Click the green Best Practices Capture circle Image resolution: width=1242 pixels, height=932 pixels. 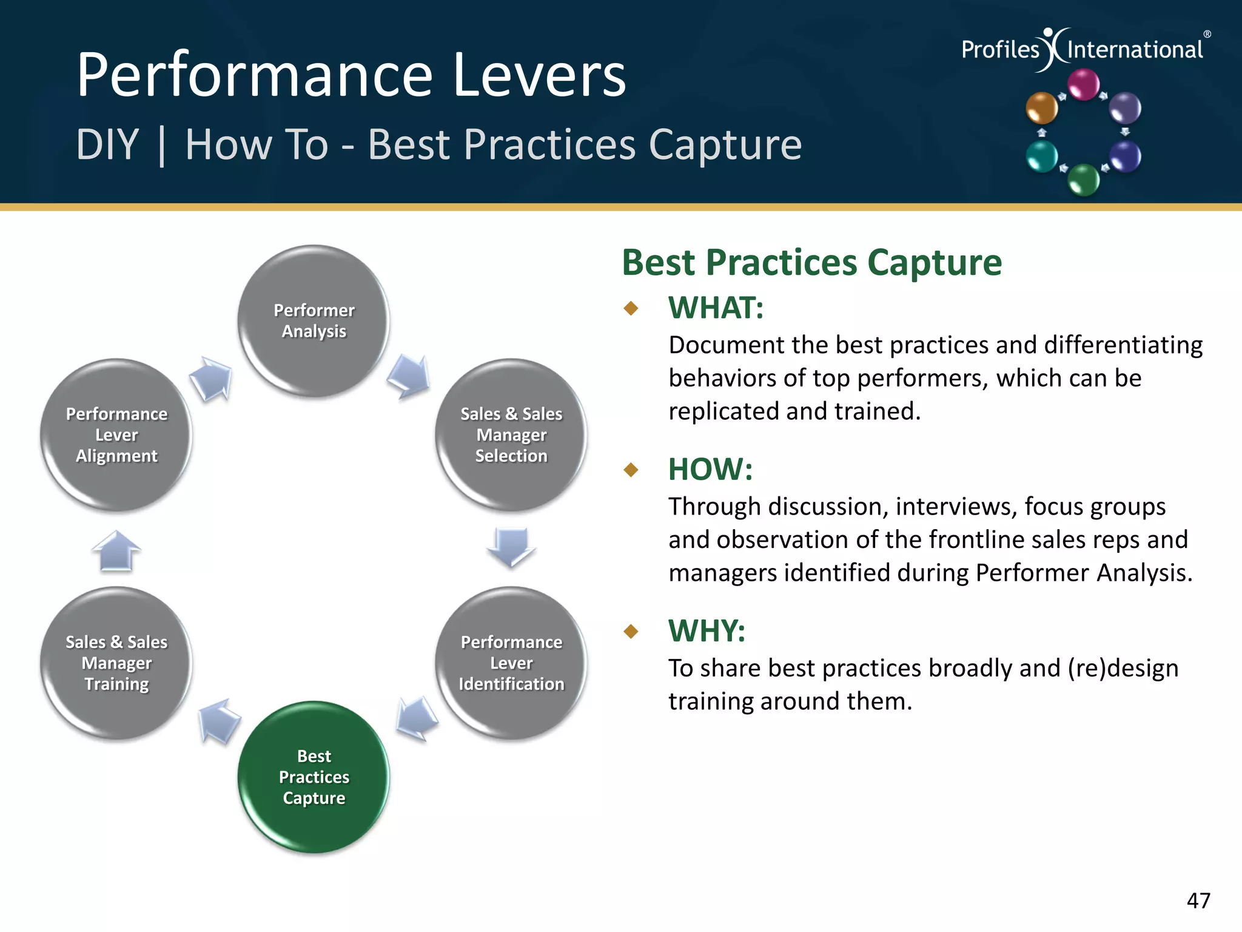coord(314,777)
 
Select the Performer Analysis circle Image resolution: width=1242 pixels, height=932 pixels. coord(314,320)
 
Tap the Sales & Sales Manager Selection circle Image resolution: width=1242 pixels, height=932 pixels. coord(511,434)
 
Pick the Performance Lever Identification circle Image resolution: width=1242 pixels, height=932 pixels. coord(511,663)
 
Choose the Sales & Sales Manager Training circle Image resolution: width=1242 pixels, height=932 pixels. coord(116,663)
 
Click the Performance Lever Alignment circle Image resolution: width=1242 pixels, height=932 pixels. coord(116,434)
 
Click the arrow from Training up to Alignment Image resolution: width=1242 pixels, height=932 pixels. coord(116,550)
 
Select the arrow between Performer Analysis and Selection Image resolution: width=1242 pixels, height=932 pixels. coord(409,376)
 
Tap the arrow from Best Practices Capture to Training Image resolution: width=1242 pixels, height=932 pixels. coord(218,720)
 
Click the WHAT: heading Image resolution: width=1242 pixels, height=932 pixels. coord(716,308)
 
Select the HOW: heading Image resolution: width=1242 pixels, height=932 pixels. coord(710,470)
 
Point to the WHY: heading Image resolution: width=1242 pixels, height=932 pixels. coord(707,631)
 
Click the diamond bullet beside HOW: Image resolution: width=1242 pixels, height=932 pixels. coord(631,470)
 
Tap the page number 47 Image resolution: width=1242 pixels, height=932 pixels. coord(1198,900)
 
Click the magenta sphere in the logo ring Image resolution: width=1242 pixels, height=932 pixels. coord(1083,84)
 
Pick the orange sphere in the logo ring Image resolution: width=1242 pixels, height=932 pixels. coord(1041,108)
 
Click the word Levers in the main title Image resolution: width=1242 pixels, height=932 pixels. coord(539,75)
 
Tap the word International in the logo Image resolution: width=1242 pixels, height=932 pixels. coord(1135,49)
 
